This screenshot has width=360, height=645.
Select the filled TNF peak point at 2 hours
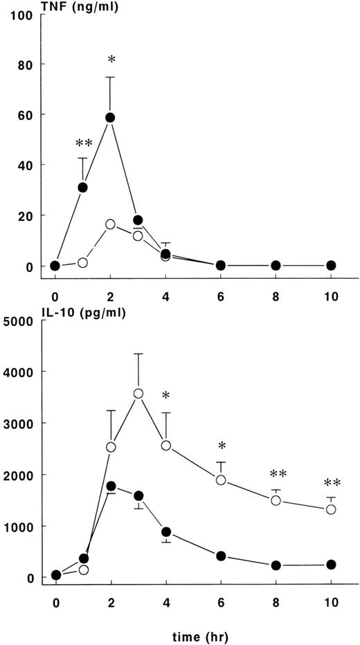point(110,118)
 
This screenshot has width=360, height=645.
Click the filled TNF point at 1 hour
point(83,188)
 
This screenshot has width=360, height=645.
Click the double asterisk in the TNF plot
point(84,144)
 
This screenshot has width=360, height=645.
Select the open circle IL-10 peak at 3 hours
point(138,394)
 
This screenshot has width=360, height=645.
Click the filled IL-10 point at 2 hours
point(110,487)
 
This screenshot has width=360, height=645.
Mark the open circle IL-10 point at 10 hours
point(331,509)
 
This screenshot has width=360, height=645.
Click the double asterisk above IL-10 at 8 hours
point(276,475)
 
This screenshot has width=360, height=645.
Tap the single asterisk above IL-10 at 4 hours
point(166,397)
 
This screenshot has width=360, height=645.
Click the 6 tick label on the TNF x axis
point(221,283)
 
